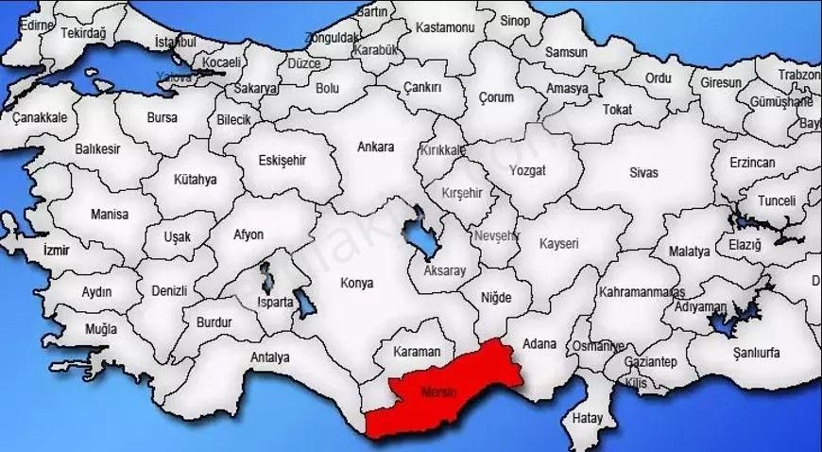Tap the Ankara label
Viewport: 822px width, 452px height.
tap(375, 148)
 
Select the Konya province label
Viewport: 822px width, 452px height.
tap(356, 283)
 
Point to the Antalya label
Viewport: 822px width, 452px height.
tap(270, 357)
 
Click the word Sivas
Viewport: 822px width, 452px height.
tap(644, 173)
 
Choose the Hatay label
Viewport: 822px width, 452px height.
tap(588, 417)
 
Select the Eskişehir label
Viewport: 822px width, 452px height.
tap(282, 160)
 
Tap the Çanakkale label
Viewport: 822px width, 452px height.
tap(40, 118)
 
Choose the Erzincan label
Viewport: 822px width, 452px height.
tap(752, 163)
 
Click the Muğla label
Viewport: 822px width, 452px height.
tap(101, 329)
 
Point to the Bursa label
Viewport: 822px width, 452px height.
tap(162, 118)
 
